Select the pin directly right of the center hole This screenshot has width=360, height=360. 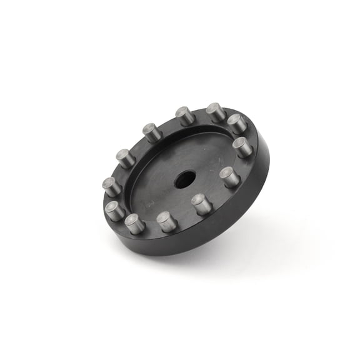(x=229, y=177)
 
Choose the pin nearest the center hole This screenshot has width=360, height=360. (x=201, y=204)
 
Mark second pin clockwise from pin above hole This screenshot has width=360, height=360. (x=237, y=123)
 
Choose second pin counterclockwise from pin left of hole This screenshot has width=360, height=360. (x=135, y=223)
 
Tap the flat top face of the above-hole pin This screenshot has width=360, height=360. (x=184, y=112)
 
